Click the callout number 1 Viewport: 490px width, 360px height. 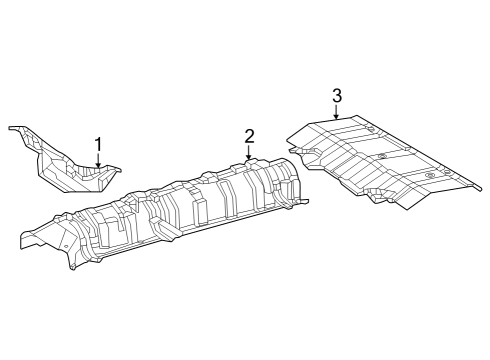[98, 144]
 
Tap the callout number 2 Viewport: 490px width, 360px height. [249, 136]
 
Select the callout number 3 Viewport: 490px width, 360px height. [337, 96]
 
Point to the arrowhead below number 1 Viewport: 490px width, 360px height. [98, 170]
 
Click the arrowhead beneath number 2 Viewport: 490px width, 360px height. [249, 160]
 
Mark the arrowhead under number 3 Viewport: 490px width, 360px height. [337, 119]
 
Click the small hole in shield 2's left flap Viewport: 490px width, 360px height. [61, 239]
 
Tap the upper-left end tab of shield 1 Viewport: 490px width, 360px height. [13, 128]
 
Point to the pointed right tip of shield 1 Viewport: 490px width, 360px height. [117, 169]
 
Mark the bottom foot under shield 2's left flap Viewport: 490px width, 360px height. [73, 266]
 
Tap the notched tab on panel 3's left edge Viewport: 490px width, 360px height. [292, 137]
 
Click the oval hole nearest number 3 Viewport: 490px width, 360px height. [371, 130]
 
